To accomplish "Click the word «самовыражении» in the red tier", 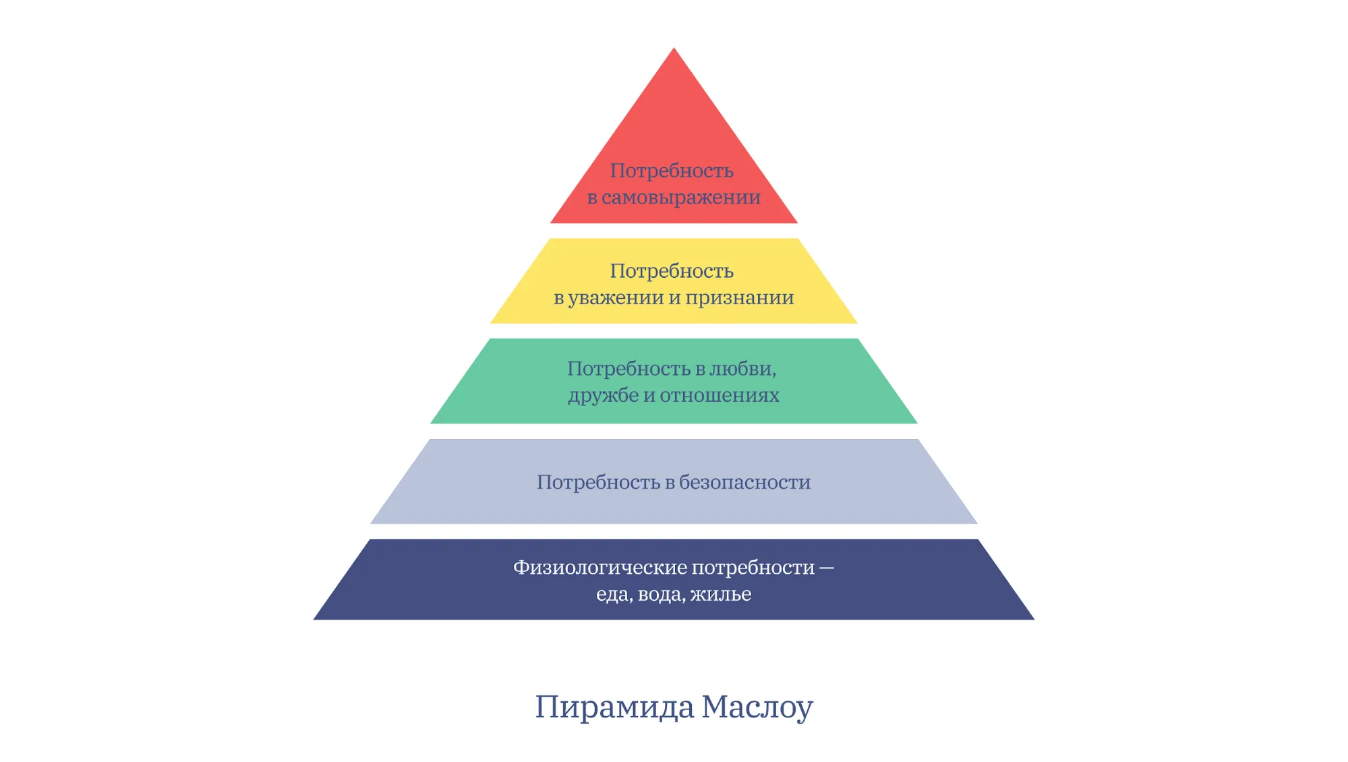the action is point(681,198).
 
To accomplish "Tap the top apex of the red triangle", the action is point(674,48).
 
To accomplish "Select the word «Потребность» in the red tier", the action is point(672,171).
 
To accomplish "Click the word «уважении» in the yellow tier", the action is point(616,298).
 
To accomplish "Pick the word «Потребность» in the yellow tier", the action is point(672,271).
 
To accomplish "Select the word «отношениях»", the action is point(720,395).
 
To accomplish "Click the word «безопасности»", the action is point(745,482).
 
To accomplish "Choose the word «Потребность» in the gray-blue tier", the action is point(598,482).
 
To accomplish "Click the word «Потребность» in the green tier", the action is point(629,369).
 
